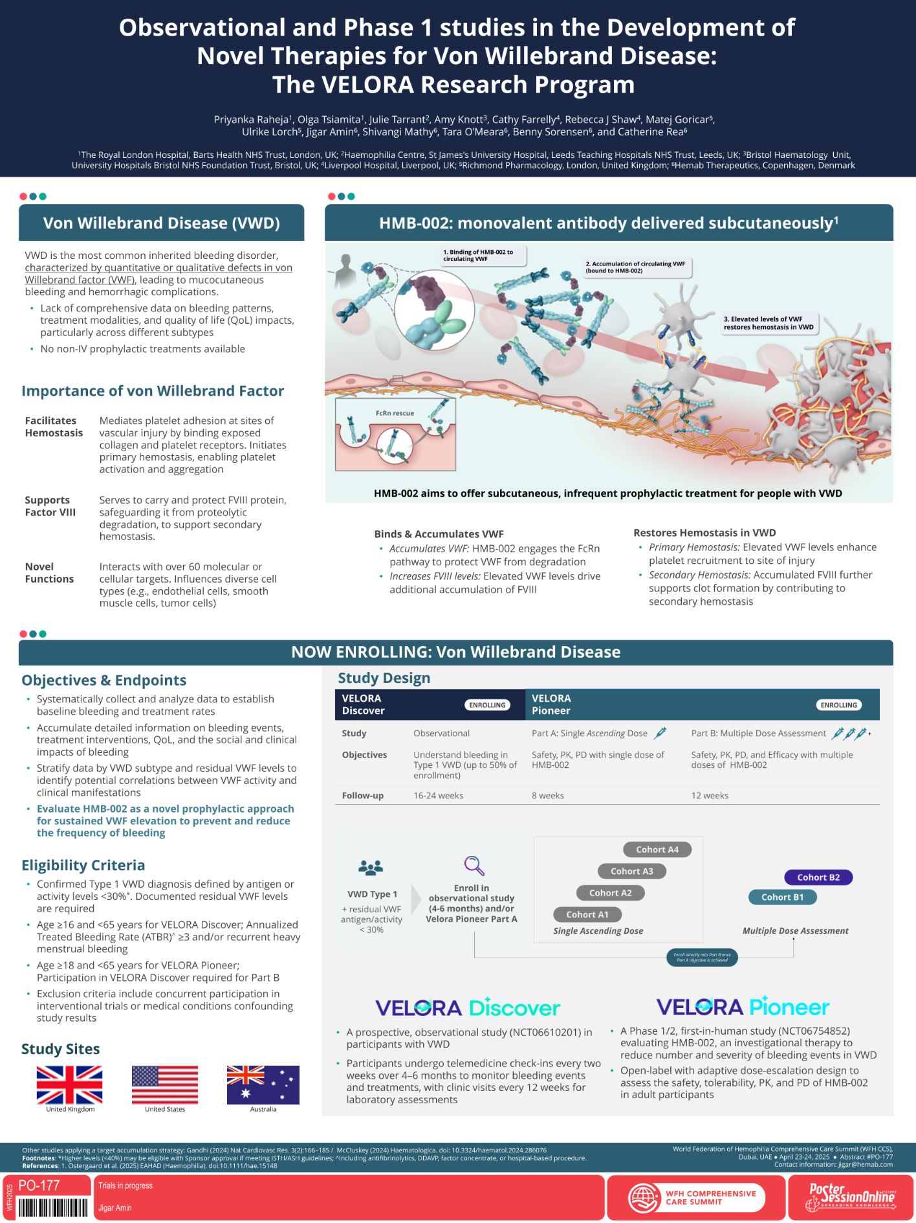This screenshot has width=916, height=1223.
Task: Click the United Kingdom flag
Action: coord(69,1084)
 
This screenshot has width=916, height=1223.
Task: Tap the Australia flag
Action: coord(263,1084)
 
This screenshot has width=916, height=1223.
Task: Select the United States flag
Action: coord(165,1084)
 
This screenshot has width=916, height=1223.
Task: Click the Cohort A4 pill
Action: coord(657,849)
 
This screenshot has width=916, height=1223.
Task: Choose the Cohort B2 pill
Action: coord(818,877)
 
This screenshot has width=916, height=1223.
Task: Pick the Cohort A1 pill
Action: coord(587,914)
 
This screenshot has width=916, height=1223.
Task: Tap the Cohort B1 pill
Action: coord(782,897)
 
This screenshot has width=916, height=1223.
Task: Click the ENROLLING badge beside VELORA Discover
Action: coord(487,705)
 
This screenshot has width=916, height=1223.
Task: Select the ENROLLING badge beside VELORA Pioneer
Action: coord(838,705)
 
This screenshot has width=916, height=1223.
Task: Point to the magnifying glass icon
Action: coord(474,865)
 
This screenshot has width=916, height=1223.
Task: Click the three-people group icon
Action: coord(371,868)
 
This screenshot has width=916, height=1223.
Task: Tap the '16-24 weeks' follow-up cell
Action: coord(438,795)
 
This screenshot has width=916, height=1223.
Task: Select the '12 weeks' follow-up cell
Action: coord(710,795)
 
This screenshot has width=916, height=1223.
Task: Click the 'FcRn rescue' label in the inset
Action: coord(395,413)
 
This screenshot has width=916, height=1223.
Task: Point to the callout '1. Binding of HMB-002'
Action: coord(482,255)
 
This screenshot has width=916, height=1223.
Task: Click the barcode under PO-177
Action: coord(53,1207)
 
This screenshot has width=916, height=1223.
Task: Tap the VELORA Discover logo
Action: coord(468,1007)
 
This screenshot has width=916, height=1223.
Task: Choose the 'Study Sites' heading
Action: coord(61,1049)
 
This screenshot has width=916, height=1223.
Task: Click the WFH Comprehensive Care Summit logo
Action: coord(695,1198)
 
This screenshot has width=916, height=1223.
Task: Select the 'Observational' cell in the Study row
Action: coord(441,733)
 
